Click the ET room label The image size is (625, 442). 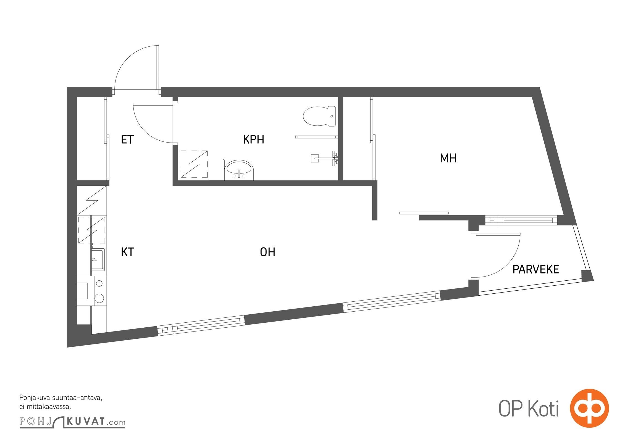(127, 139)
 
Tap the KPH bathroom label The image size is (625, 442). (253, 139)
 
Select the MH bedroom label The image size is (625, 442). (448, 158)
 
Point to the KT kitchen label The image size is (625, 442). (128, 252)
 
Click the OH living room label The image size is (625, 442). (267, 252)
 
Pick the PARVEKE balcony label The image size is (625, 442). (536, 269)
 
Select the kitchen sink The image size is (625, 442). (98, 259)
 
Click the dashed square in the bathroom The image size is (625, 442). (194, 164)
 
